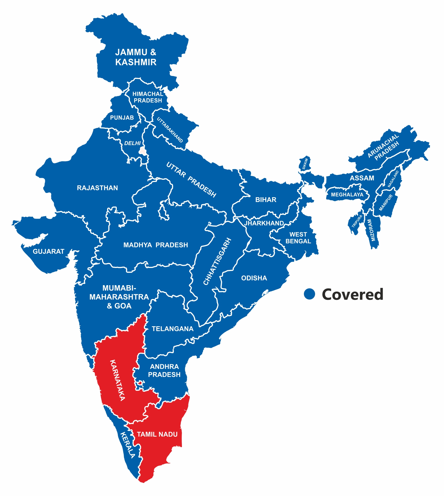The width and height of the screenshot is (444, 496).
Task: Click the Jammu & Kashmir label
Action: pos(136,57)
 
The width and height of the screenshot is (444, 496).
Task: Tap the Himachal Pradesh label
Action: pos(148,97)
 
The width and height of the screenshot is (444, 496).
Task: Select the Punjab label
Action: pos(122,118)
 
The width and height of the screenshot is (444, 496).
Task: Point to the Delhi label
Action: pos(132,143)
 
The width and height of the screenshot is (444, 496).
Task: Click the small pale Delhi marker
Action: pos(143,151)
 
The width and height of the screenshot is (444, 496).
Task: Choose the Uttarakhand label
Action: pos(170,130)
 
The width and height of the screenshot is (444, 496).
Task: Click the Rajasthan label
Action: pos(97,188)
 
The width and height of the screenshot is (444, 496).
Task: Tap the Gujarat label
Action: pos(49,251)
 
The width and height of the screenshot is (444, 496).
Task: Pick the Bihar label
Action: pos(266,199)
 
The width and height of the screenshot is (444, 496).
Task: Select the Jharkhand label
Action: pos(264,223)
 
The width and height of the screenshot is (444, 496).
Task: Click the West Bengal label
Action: pos(298,238)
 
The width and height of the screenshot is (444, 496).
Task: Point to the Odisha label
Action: pos(254,278)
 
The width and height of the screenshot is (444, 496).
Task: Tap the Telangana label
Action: pos(172,329)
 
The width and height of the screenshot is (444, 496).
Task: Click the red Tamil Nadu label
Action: pos(157,434)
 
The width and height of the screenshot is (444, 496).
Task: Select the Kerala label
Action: pos(128,445)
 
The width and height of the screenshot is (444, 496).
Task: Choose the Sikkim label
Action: pos(305,164)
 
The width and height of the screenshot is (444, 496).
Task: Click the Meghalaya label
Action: pos(347,195)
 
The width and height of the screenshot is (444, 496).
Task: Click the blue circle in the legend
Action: pos(309,294)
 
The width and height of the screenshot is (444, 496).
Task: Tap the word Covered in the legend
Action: pos(352,294)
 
